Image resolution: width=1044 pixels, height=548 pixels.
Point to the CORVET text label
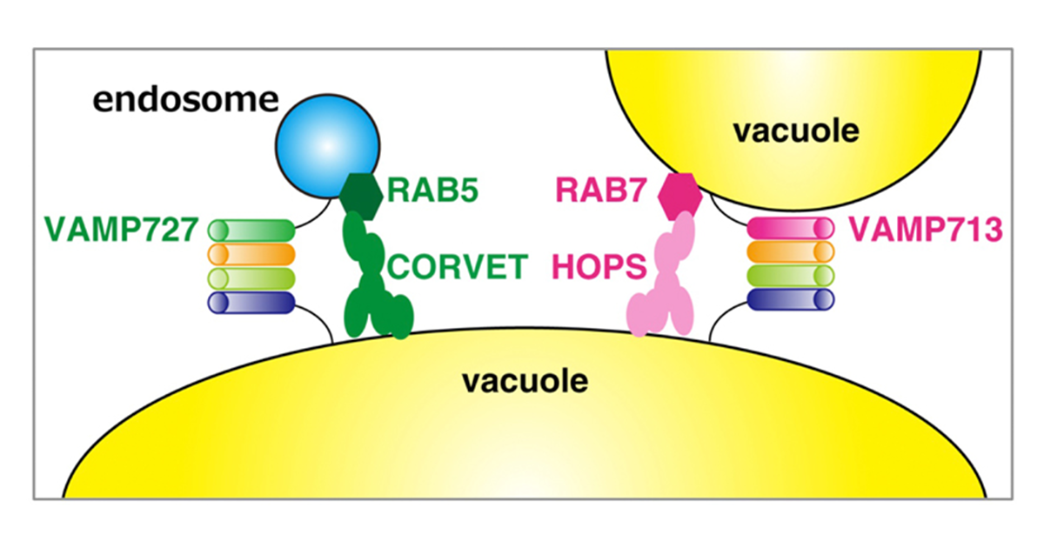[x=458, y=265]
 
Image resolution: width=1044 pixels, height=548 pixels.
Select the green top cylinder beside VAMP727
[x=251, y=231]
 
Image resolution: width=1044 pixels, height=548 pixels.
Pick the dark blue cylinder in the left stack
[x=251, y=302]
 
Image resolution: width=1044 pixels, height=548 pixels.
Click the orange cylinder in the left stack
[x=251, y=254]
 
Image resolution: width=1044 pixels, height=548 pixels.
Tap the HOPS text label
[x=598, y=265]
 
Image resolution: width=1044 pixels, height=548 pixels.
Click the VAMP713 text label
[x=926, y=230]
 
